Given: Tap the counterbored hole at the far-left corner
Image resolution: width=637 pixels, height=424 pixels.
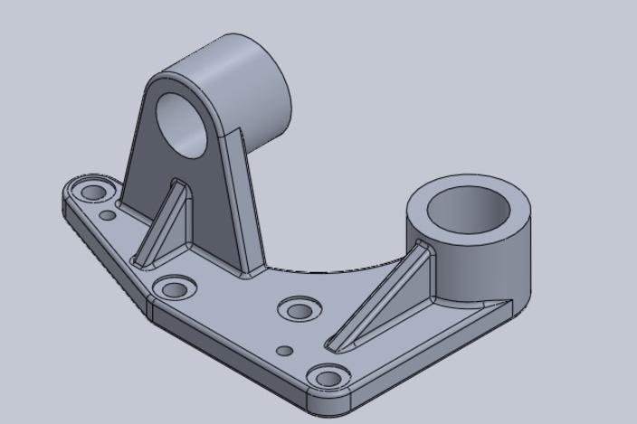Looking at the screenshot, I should [x=91, y=193].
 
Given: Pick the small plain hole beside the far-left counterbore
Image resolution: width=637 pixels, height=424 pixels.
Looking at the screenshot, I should [x=108, y=215].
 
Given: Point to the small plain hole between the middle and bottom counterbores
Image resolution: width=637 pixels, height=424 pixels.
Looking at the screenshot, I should [x=284, y=350].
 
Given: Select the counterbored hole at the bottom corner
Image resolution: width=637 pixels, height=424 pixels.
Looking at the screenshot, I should [x=330, y=376].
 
